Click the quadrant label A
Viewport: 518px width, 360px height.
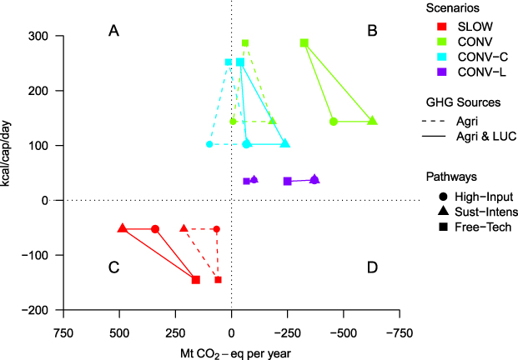tap(114, 31)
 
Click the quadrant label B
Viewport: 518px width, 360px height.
tap(372, 31)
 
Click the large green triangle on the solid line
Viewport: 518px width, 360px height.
tap(372, 121)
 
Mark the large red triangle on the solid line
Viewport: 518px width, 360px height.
tap(123, 228)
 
